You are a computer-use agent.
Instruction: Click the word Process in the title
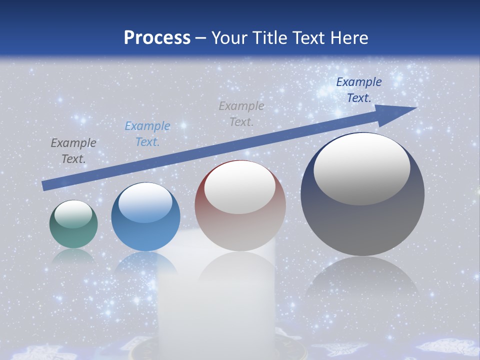pos(157,38)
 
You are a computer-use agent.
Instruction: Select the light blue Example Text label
pos(147,134)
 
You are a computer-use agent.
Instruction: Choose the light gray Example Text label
pos(241,113)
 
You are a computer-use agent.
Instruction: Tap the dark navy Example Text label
pos(359,90)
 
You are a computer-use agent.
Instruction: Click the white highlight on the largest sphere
pos(361,168)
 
